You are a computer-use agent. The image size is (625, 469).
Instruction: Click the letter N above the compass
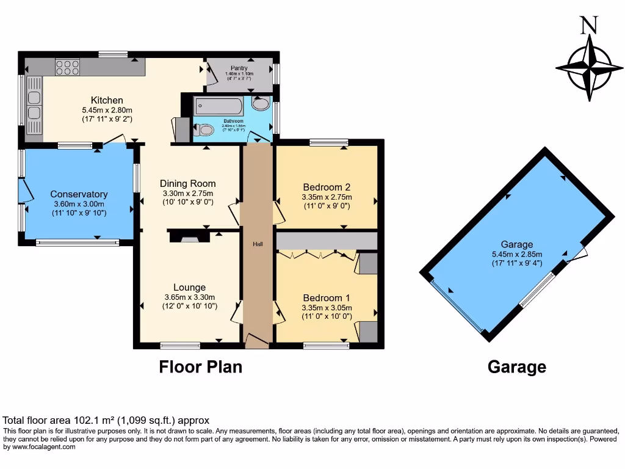pyautogui.click(x=589, y=24)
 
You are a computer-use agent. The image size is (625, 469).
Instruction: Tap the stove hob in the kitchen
pyautogui.click(x=67, y=66)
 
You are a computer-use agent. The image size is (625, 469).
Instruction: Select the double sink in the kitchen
pyautogui.click(x=34, y=104)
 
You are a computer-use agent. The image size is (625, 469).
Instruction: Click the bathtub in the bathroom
pyautogui.click(x=219, y=107)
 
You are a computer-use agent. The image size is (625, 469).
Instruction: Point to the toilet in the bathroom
pyautogui.click(x=204, y=129)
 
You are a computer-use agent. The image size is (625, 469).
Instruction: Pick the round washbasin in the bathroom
pyautogui.click(x=261, y=103)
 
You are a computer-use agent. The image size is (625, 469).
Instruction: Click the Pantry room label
pyautogui.click(x=239, y=68)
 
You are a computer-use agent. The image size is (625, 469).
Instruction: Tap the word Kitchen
pyautogui.click(x=107, y=100)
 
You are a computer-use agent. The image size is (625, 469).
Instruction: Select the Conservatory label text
pyautogui.click(x=79, y=194)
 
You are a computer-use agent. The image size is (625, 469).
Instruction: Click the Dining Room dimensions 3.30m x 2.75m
pyautogui.click(x=187, y=194)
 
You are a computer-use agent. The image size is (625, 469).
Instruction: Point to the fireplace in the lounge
pyautogui.click(x=190, y=236)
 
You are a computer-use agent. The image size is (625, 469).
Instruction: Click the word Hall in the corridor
pyautogui.click(x=258, y=244)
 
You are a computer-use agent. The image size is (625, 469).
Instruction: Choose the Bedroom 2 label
pyautogui.click(x=327, y=187)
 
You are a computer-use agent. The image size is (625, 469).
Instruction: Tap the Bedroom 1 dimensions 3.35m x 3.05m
pyautogui.click(x=327, y=308)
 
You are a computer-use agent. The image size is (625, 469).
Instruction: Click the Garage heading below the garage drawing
pyautogui.click(x=516, y=367)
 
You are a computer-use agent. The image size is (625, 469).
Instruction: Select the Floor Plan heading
pyautogui.click(x=200, y=367)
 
